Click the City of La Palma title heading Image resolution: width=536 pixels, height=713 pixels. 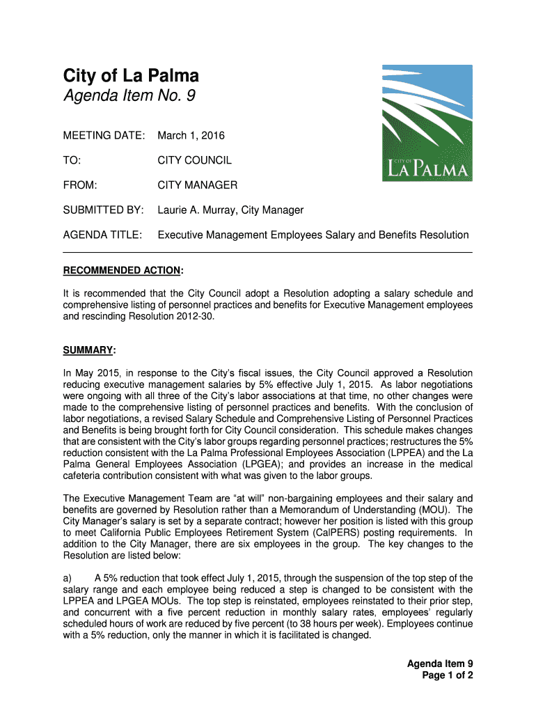pyautogui.click(x=131, y=75)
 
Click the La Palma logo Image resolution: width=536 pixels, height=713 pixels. pyautogui.click(x=427, y=123)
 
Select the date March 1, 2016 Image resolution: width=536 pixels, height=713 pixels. pyautogui.click(x=191, y=135)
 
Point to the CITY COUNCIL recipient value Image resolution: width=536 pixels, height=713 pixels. pyautogui.click(x=194, y=160)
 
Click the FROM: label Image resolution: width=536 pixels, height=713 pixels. pyautogui.click(x=79, y=185)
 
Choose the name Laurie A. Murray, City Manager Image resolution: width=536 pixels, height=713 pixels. pyautogui.click(x=230, y=210)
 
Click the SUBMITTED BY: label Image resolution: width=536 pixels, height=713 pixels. pyautogui.click(x=104, y=210)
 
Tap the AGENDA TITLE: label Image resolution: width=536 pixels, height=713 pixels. pyautogui.click(x=103, y=235)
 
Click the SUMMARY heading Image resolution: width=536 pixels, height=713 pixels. pyautogui.click(x=89, y=350)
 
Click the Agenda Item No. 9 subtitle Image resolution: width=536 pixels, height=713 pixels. pyautogui.click(x=129, y=96)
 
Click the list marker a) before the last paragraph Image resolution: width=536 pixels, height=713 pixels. pyautogui.click(x=68, y=578)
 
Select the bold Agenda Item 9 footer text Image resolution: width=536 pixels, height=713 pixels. pyautogui.click(x=440, y=664)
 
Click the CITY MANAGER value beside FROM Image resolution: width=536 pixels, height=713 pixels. pyautogui.click(x=197, y=185)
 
